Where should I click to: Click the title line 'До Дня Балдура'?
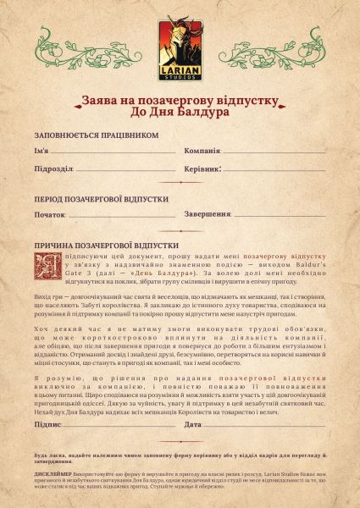pyautogui.click(x=180, y=112)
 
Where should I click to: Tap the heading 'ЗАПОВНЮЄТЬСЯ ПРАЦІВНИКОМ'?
pyautogui.click(x=96, y=135)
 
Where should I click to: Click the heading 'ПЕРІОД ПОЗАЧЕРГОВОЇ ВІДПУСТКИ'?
pyautogui.click(x=101, y=198)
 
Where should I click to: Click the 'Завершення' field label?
pyautogui.click(x=208, y=214)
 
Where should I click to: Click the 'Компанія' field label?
pyautogui.click(x=202, y=151)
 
